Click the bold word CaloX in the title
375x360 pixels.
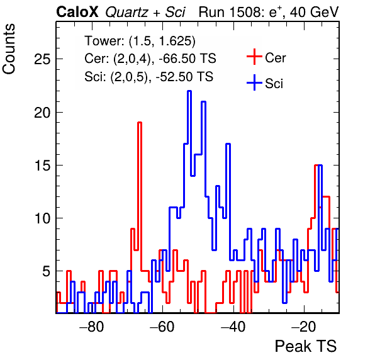(x=77, y=12)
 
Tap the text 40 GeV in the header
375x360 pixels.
(x=314, y=12)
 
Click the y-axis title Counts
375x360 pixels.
(x=9, y=49)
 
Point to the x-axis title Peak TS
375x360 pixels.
(x=306, y=346)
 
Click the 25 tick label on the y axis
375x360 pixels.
(x=42, y=59)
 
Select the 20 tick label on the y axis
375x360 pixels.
(x=42, y=112)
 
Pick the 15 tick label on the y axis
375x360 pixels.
(x=42, y=166)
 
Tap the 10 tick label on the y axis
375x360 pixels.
(x=42, y=218)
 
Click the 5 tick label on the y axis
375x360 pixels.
(x=47, y=271)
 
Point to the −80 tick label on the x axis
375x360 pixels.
(x=92, y=326)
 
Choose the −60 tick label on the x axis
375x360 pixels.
(x=162, y=326)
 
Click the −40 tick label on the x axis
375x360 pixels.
(x=233, y=326)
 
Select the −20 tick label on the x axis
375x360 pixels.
(x=304, y=326)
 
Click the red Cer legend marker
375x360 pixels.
(x=254, y=57)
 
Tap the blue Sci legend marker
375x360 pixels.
(x=254, y=83)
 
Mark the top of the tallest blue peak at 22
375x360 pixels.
(x=189, y=91)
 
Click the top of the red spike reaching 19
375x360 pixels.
(x=140, y=123)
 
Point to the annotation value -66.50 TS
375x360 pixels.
(x=187, y=59)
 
